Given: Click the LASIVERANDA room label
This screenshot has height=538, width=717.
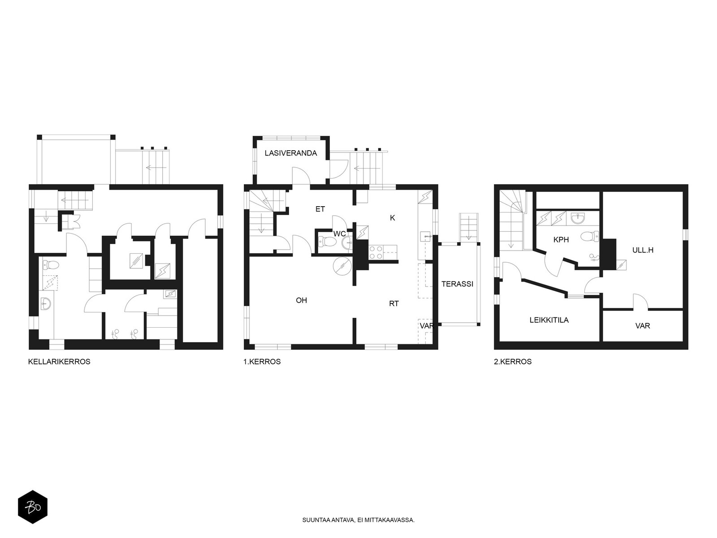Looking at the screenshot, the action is point(291,153).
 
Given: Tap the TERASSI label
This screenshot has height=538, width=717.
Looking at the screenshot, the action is point(458,284).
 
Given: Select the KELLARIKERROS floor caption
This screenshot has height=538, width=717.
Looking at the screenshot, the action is point(59,362).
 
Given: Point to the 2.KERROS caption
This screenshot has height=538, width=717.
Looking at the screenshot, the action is point(513,362).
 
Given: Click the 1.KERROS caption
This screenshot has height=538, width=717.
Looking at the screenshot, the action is point(262,362).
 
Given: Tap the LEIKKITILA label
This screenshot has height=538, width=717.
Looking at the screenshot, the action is point(549,320).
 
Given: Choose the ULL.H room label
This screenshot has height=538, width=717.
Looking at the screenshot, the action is point(643,250).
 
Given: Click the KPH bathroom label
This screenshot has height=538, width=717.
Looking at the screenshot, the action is point(561,240).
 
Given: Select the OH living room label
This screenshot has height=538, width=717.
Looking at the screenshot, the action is point(301,300).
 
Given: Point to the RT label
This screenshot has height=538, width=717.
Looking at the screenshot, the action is point(394,304).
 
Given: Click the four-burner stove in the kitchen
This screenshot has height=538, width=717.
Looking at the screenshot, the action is point(376,252).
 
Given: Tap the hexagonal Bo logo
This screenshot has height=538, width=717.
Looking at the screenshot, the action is point(33,507).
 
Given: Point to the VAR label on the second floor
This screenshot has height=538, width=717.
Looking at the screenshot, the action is point(643,325).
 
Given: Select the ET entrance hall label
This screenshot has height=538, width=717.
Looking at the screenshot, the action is point(320,209).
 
